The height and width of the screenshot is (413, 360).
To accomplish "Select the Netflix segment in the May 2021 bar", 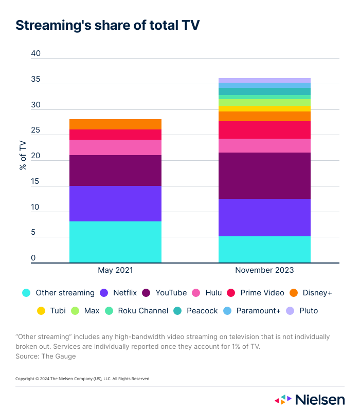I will (x=115, y=203).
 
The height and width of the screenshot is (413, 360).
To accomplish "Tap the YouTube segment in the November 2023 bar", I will (x=264, y=176).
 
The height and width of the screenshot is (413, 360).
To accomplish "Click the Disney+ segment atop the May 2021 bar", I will (x=115, y=124).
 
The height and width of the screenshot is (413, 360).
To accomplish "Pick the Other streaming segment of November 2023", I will (x=264, y=250).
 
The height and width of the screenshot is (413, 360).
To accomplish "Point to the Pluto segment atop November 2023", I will (x=264, y=80).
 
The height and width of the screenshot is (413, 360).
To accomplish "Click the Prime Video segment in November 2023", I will (x=264, y=130).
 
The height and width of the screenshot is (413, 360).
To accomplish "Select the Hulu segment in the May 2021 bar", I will (x=115, y=147).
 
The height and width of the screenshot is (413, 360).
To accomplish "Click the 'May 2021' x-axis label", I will (x=115, y=270).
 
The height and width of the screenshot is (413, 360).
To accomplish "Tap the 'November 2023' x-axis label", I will (x=264, y=270).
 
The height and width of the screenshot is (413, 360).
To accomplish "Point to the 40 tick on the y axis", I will (x=35, y=54).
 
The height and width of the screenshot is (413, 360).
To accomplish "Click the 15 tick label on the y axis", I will (x=35, y=181).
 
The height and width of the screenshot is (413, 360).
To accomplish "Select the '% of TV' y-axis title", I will (x=23, y=155).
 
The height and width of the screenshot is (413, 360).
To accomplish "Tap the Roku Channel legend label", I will (x=143, y=311).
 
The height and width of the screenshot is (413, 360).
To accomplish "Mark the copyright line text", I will (x=83, y=379).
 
